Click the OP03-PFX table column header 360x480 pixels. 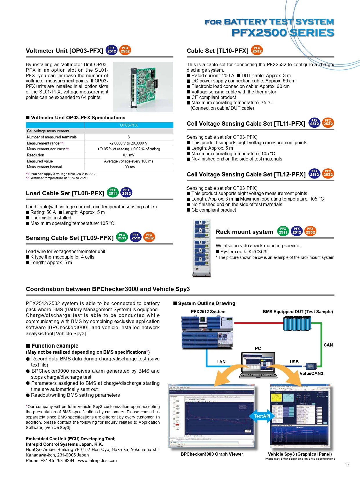tap(129, 125)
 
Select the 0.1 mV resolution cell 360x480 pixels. tap(129, 155)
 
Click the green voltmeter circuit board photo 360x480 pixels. tap(143, 87)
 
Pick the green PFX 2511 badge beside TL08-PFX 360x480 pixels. tap(113, 192)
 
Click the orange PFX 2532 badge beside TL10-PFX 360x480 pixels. tap(257, 50)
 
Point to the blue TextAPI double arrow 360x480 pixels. tap(262, 416)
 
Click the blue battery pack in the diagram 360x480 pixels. tap(297, 323)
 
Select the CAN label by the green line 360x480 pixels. tap(328, 345)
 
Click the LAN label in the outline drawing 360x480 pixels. tap(221, 362)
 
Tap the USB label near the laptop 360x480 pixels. tap(294, 362)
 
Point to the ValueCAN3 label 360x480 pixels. tap(311, 373)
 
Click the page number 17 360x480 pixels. tap(347, 464)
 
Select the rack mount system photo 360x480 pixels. tap(202, 248)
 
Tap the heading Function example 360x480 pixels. tap(55, 346)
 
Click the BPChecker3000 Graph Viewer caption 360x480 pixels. tap(212, 454)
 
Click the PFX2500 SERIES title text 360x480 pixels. tap(283, 33)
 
